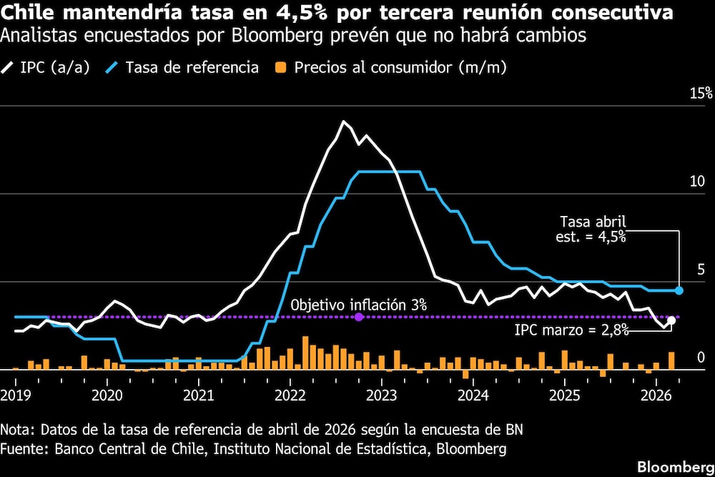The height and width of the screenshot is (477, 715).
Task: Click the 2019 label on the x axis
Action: pos(14,394)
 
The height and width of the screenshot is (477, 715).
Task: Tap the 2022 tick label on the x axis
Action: pos(290,394)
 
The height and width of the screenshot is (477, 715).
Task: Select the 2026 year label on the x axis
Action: pos(657,394)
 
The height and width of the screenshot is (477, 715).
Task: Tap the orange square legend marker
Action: pos(282,68)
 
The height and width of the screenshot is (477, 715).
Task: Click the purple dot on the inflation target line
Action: pos(359,317)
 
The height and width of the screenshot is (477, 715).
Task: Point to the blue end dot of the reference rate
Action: pos(679,290)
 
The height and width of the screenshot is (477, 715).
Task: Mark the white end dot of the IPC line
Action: pos(671,320)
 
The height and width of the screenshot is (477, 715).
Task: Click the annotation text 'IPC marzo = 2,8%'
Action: pos(571,330)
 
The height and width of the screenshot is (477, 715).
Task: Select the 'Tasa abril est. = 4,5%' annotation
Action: pos(592,229)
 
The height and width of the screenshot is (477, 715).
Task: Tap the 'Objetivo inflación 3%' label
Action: pos(359,305)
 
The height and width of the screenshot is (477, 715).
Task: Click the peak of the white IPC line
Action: pos(344,122)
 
